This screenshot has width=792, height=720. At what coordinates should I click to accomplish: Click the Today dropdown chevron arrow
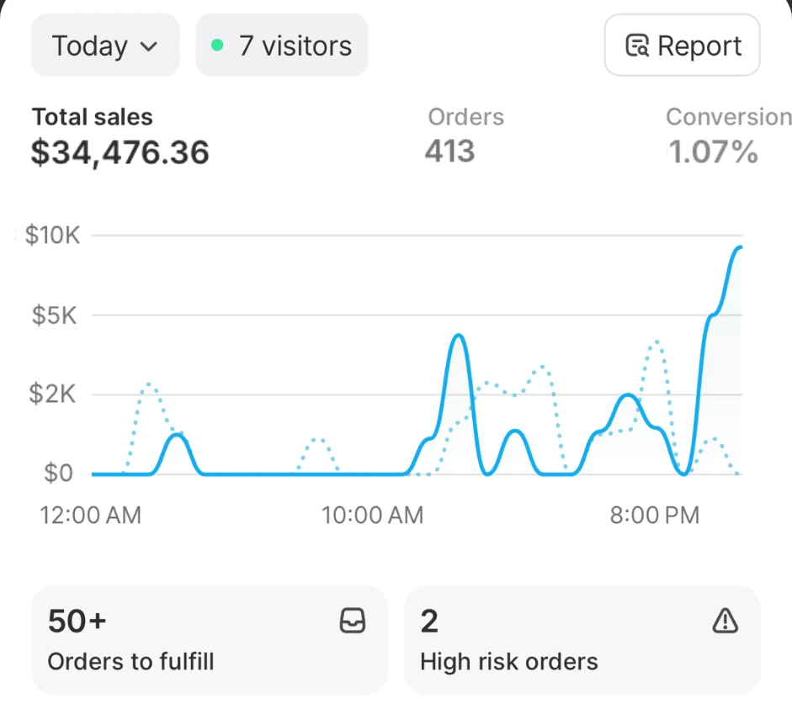click(148, 47)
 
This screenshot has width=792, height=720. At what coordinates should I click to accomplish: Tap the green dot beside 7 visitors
click(217, 45)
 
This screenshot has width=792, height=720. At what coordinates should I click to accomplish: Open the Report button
click(682, 45)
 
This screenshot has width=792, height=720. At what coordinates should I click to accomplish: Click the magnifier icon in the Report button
click(637, 45)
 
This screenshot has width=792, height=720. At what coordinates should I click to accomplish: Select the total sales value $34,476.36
click(120, 152)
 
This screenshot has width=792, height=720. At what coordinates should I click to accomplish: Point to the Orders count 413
click(449, 151)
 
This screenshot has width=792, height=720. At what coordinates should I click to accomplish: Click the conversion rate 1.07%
click(713, 151)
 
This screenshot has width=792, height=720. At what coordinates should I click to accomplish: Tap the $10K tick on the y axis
click(52, 236)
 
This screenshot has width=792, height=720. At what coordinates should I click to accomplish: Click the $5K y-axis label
click(54, 315)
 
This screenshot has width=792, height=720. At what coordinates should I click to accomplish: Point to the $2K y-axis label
click(52, 394)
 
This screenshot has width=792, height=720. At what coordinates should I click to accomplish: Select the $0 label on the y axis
click(58, 474)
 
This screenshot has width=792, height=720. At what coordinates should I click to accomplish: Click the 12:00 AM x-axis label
click(90, 516)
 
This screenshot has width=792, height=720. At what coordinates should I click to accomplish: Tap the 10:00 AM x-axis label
click(372, 516)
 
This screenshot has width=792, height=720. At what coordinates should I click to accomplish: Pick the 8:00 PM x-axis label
click(655, 516)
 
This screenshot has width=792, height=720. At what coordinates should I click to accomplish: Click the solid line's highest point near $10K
click(740, 247)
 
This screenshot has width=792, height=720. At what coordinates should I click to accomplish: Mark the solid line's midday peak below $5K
click(459, 335)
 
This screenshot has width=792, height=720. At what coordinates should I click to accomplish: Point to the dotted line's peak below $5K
click(656, 341)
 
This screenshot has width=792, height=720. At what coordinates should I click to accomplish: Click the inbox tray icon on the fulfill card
click(353, 621)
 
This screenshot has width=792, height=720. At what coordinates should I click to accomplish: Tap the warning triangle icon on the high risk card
click(726, 621)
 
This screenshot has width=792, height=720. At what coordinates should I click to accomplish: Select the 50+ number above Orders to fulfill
click(77, 621)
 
